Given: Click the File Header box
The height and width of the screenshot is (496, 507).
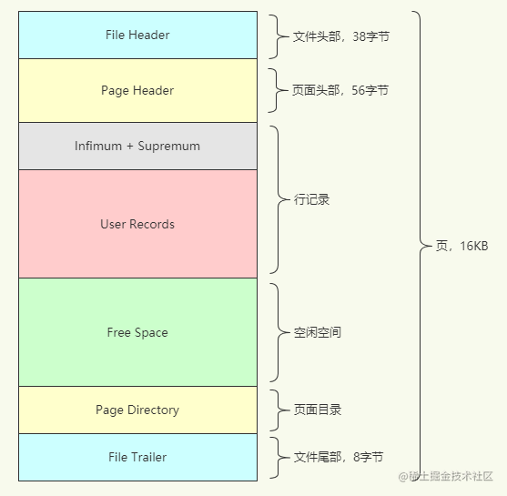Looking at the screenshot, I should [137, 35].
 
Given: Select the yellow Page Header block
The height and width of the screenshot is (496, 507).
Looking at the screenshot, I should [137, 91].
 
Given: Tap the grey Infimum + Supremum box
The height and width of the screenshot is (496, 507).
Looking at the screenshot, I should [137, 147].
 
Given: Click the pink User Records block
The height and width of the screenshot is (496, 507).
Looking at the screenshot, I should [137, 224].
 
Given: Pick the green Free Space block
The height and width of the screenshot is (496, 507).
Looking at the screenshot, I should [137, 332].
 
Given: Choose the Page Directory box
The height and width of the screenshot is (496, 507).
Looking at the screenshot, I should [137, 410].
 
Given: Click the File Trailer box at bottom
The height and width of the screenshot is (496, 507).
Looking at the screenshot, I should [137, 458].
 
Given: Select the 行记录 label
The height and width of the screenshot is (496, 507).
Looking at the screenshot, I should [311, 199].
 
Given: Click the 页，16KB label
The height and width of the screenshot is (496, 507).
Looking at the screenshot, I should [461, 247].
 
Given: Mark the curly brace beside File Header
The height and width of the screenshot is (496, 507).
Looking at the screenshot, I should [277, 36].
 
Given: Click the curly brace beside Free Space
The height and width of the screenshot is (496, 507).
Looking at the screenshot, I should [277, 332].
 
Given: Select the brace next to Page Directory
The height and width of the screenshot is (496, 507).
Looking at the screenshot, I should [277, 410].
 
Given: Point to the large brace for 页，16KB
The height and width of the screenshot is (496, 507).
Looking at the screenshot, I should [420, 246].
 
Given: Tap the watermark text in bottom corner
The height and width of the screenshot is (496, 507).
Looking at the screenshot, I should [445, 477].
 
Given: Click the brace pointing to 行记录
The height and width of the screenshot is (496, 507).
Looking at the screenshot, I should [277, 199].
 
